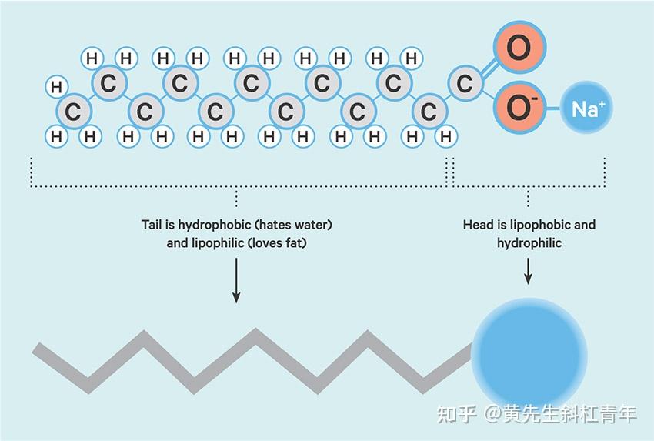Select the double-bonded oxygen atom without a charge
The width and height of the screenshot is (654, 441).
pyautogui.click(x=519, y=48)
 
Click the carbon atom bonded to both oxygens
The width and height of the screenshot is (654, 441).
pyautogui.click(x=464, y=83)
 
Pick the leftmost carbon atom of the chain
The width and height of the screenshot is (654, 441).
pyautogui.click(x=73, y=112)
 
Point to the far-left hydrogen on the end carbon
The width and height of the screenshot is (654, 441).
pyautogui.click(x=55, y=86)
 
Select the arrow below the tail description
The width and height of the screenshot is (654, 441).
pyautogui.click(x=236, y=282)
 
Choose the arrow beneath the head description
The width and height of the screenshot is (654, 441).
pyautogui.click(x=529, y=272)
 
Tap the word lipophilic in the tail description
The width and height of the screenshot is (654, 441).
pyautogui.click(x=216, y=243)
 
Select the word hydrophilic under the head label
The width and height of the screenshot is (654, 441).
pyautogui.click(x=529, y=243)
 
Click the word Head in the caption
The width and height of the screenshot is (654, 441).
pyautogui.click(x=478, y=226)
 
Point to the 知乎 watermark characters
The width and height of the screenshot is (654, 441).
pyautogui.click(x=454, y=413)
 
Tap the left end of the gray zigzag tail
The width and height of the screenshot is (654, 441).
pyautogui.click(x=38, y=350)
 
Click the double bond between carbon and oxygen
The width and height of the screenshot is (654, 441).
pyautogui.click(x=489, y=67)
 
